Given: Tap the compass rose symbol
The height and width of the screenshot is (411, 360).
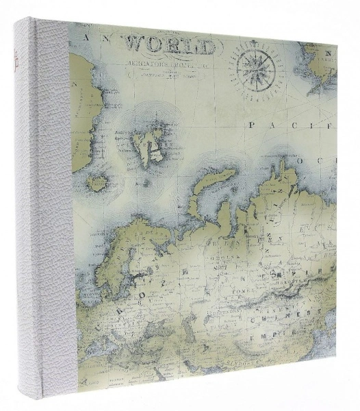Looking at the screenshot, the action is [x=256, y=66].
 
